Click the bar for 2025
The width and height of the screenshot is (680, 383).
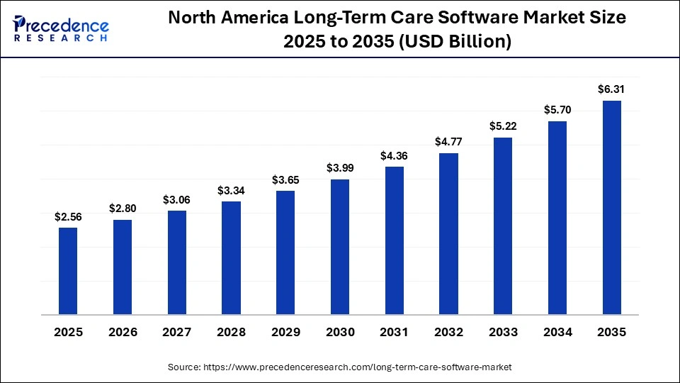point(68,270)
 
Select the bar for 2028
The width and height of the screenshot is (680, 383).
point(231,257)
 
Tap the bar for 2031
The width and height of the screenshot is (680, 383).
point(394,240)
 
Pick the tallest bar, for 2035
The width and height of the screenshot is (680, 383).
point(611,207)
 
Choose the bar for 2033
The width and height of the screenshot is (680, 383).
point(503,226)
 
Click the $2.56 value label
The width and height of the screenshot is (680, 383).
point(68,217)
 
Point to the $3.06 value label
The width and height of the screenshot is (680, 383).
point(177,200)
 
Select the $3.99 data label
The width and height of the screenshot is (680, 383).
point(340,168)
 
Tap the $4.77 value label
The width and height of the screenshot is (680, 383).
point(448,142)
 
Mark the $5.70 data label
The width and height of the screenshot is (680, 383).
point(557,110)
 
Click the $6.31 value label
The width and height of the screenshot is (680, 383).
point(611,89)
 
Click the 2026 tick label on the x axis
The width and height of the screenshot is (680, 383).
point(123,332)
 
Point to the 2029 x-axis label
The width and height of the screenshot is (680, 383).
point(285,332)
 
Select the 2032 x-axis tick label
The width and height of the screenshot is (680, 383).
point(448,332)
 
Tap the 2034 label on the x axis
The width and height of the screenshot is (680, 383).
point(557,332)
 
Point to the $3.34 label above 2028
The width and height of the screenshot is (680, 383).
point(231,191)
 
